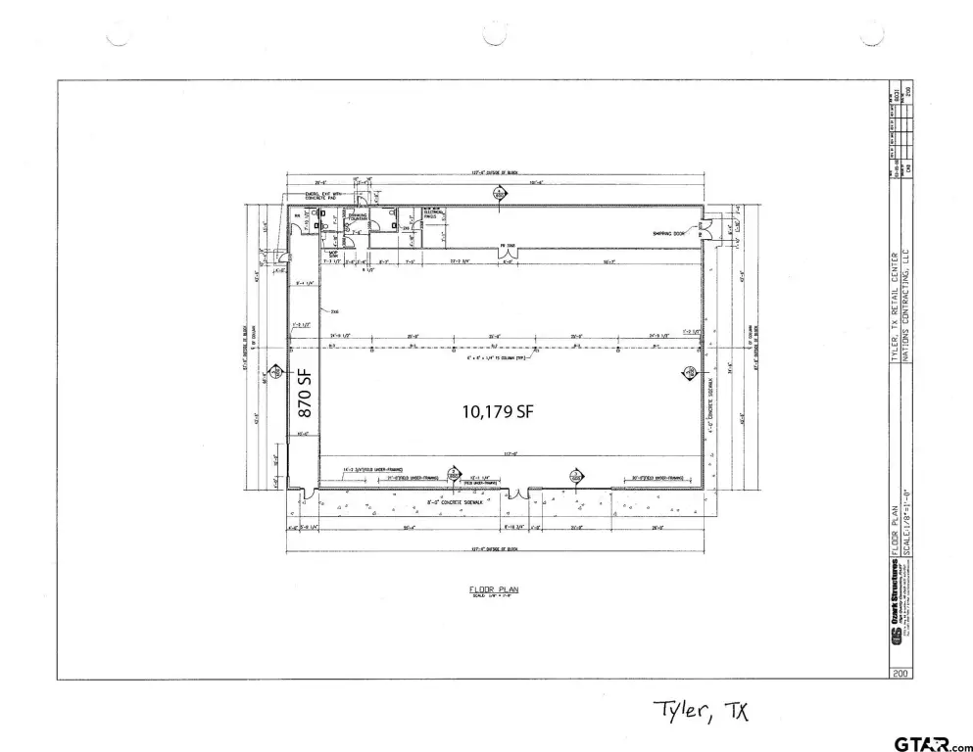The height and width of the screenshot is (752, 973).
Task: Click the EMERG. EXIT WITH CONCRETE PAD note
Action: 327,196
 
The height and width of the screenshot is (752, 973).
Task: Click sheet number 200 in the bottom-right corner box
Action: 899,673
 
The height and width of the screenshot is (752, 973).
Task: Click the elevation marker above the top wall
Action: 499,196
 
